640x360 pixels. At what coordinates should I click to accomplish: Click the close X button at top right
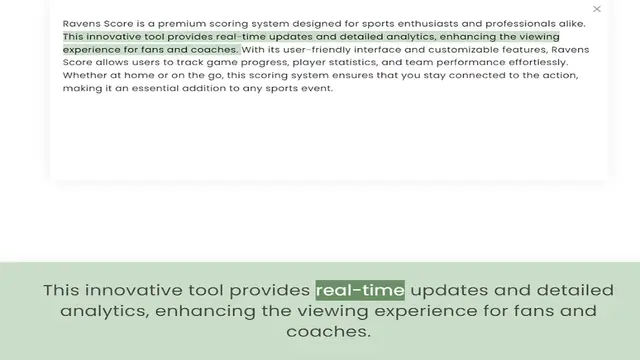click(x=597, y=9)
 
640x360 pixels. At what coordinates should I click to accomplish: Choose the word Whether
click(x=85, y=75)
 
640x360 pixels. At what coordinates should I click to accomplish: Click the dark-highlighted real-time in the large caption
click(x=360, y=290)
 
